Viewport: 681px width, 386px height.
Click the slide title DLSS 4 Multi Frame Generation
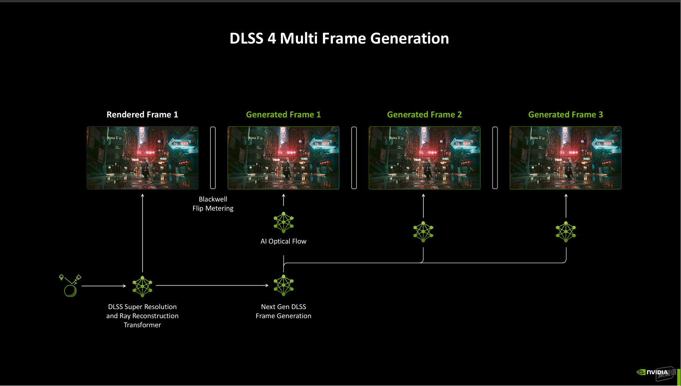click(339, 38)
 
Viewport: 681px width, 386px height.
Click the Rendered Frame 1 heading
click(142, 114)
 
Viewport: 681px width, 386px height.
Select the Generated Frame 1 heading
click(283, 114)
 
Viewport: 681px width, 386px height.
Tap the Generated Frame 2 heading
click(424, 114)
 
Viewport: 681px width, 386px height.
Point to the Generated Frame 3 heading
click(566, 114)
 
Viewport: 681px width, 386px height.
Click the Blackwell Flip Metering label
click(213, 204)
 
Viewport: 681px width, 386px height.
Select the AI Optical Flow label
click(284, 241)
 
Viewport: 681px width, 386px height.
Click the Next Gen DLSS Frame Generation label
click(284, 311)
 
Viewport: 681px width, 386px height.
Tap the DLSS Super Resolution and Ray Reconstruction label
click(142, 316)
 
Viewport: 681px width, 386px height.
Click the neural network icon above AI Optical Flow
click(284, 222)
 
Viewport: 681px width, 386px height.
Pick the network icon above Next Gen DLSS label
click(284, 285)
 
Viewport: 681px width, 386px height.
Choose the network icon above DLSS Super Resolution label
click(142, 286)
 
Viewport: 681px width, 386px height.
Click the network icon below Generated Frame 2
click(423, 232)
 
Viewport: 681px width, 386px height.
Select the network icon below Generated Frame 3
click(566, 232)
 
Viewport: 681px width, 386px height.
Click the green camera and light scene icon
click(70, 286)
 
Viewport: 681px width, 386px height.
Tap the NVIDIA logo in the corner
click(653, 372)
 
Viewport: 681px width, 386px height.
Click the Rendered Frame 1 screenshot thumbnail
click(142, 158)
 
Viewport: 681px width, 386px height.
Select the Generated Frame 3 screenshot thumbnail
click(566, 158)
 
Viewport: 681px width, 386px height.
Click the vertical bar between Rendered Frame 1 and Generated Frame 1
click(213, 158)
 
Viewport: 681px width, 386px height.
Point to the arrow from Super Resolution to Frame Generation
click(212, 286)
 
